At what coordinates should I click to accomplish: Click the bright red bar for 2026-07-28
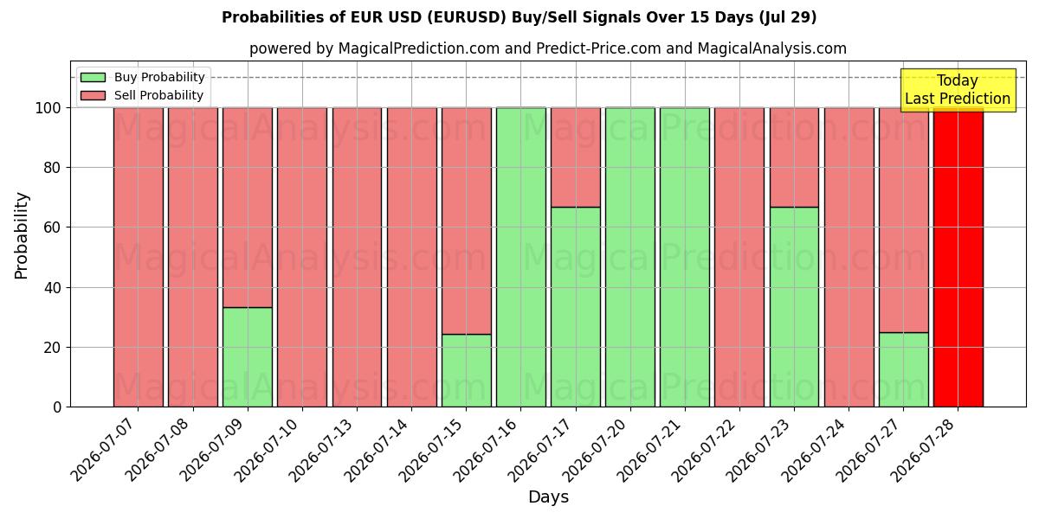tap(958, 258)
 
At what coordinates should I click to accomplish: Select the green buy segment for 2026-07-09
tap(248, 357)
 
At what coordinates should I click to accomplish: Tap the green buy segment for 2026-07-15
tap(466, 371)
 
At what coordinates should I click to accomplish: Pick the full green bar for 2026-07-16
tap(521, 258)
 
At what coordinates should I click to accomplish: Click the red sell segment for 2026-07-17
tap(576, 157)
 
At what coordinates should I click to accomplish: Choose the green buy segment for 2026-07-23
tap(794, 307)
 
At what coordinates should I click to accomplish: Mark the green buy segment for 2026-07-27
tap(904, 370)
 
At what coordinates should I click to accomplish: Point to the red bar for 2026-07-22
tap(739, 258)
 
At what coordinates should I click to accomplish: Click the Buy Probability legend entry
tap(142, 77)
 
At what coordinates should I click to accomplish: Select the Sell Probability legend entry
tap(142, 95)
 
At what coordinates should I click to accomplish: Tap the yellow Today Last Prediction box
tap(958, 90)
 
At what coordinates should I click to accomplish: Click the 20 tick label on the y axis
tap(52, 348)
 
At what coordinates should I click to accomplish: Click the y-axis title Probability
tap(22, 236)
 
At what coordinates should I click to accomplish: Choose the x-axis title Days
tap(548, 497)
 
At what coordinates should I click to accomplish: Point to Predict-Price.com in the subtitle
tap(598, 48)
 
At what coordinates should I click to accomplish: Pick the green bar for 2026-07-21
tap(685, 258)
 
